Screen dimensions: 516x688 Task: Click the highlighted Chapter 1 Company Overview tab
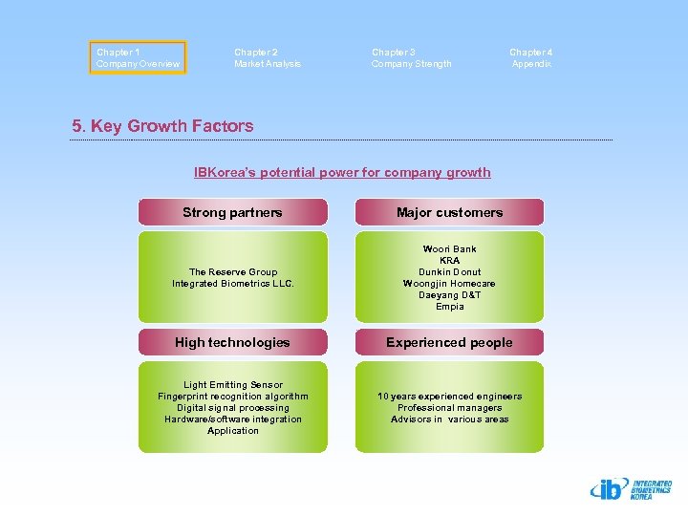[x=138, y=57]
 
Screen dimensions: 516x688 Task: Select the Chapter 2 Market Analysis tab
[x=267, y=57]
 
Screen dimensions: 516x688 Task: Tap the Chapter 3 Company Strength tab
[x=411, y=57]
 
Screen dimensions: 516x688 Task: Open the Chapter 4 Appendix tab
[x=530, y=57]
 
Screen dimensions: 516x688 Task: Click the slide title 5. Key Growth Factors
[x=162, y=126]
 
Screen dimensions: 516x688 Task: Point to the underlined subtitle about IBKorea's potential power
[x=342, y=173]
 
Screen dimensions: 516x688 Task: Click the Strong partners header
[x=232, y=212]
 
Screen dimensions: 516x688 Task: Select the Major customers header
[x=449, y=212]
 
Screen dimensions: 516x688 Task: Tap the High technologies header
[x=232, y=342]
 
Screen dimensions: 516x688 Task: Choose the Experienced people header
[x=449, y=342]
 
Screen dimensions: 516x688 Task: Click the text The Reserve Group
[x=233, y=272]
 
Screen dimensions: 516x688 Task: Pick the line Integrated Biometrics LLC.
[x=233, y=284]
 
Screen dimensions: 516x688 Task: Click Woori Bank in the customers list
[x=449, y=249]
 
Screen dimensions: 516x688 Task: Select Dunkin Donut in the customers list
[x=449, y=272]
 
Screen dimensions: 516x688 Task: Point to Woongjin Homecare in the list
[x=449, y=284]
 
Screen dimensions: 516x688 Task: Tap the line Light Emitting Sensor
[x=233, y=385]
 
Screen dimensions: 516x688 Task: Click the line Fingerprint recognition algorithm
[x=233, y=397]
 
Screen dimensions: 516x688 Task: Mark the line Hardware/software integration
[x=233, y=419]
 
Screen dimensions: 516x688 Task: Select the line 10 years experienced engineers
[x=449, y=397]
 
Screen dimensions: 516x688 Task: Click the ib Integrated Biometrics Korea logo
[x=631, y=489]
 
